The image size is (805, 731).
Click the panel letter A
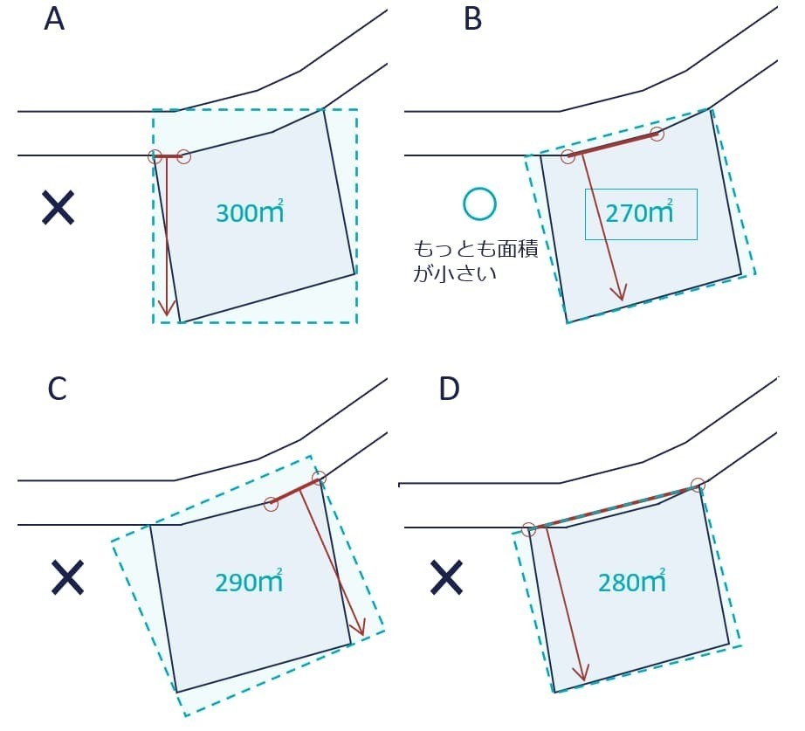(x=54, y=18)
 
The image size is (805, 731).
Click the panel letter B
(x=472, y=18)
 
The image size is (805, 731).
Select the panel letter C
(x=57, y=390)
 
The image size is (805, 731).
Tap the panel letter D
(x=449, y=390)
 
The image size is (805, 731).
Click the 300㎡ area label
(x=250, y=212)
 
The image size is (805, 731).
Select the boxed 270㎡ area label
(x=640, y=213)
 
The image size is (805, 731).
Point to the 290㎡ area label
(x=249, y=583)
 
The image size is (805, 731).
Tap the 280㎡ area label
(x=632, y=582)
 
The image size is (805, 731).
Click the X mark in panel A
(x=58, y=209)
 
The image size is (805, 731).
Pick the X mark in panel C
(x=67, y=577)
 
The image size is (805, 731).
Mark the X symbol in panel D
(x=446, y=577)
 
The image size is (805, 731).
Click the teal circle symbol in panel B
(x=479, y=203)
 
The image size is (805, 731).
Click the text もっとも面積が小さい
(x=475, y=260)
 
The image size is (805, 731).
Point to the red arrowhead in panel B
(x=621, y=293)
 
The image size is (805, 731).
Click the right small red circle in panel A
(x=183, y=156)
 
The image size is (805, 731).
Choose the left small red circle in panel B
(x=568, y=156)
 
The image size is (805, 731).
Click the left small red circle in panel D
(x=528, y=529)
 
